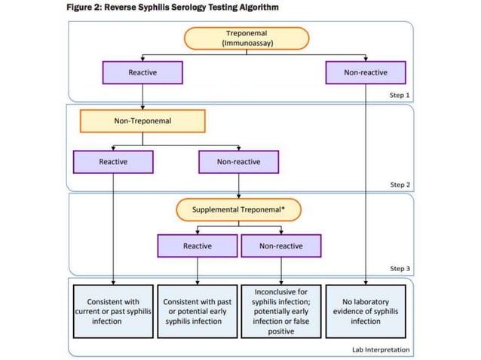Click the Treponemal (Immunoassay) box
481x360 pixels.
point(247,38)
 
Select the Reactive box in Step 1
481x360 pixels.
point(142,72)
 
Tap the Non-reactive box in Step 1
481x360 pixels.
point(366,72)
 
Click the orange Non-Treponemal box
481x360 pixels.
point(142,121)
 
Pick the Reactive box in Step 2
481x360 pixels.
point(113,162)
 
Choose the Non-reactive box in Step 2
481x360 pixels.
point(238,162)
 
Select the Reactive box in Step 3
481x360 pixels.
point(198,246)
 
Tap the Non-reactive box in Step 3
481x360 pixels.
point(281,246)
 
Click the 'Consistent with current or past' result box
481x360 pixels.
point(113,311)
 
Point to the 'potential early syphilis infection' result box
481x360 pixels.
point(197,311)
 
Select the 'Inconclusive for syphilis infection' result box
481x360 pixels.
point(281,311)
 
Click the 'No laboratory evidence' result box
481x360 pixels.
point(366,311)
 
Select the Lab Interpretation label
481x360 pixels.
point(381,349)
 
